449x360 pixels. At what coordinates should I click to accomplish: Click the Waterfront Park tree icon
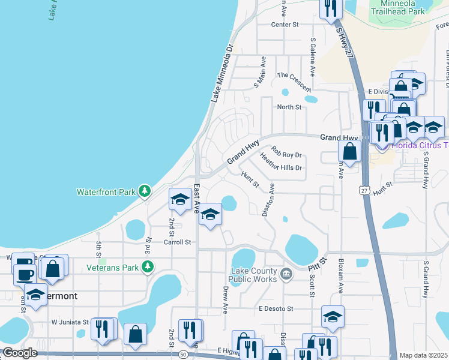(144, 192)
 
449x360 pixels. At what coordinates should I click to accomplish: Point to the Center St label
(285, 25)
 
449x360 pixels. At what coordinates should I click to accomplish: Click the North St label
(288, 107)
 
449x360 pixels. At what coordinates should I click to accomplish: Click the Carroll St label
(177, 242)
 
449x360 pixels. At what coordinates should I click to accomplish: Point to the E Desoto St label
(276, 308)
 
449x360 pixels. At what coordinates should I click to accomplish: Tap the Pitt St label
(316, 262)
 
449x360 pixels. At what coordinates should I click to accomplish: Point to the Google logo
(20, 353)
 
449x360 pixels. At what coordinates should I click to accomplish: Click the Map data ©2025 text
(423, 355)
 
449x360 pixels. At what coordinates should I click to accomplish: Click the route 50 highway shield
(183, 355)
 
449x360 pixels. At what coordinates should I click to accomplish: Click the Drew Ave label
(226, 300)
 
